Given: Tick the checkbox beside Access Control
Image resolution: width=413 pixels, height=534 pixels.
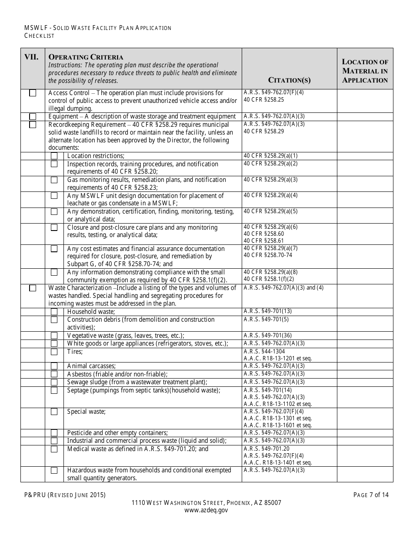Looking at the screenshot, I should pyautogui.click(x=33, y=93).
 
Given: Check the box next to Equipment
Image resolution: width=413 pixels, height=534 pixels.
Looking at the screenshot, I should pyautogui.click(x=33, y=116).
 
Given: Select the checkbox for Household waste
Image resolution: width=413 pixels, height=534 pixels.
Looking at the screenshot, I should pyautogui.click(x=54, y=312).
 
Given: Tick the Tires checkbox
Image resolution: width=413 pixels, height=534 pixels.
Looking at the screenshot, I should pyautogui.click(x=54, y=352).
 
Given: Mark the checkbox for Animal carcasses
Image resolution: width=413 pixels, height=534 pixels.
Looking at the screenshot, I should pyautogui.click(x=54, y=366).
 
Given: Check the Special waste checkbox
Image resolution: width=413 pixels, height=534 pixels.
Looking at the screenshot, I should pyautogui.click(x=54, y=412).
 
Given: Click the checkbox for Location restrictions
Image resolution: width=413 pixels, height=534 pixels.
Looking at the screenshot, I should pyautogui.click(x=54, y=156).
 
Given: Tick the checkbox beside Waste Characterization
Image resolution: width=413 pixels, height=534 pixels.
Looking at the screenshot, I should pyautogui.click(x=33, y=288).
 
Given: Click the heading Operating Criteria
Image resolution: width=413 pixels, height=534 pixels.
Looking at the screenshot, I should pyautogui.click(x=86, y=57).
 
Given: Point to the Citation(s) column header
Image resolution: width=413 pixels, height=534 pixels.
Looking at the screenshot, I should pyautogui.click(x=289, y=80).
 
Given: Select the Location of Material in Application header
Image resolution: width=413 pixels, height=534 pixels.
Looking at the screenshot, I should pyautogui.click(x=365, y=71).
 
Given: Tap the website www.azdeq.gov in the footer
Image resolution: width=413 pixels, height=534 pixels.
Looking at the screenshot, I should pyautogui.click(x=206, y=511).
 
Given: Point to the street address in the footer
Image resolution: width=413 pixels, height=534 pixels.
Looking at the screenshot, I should pyautogui.click(x=206, y=503).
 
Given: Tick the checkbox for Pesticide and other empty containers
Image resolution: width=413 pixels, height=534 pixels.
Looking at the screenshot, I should pyautogui.click(x=54, y=433).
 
